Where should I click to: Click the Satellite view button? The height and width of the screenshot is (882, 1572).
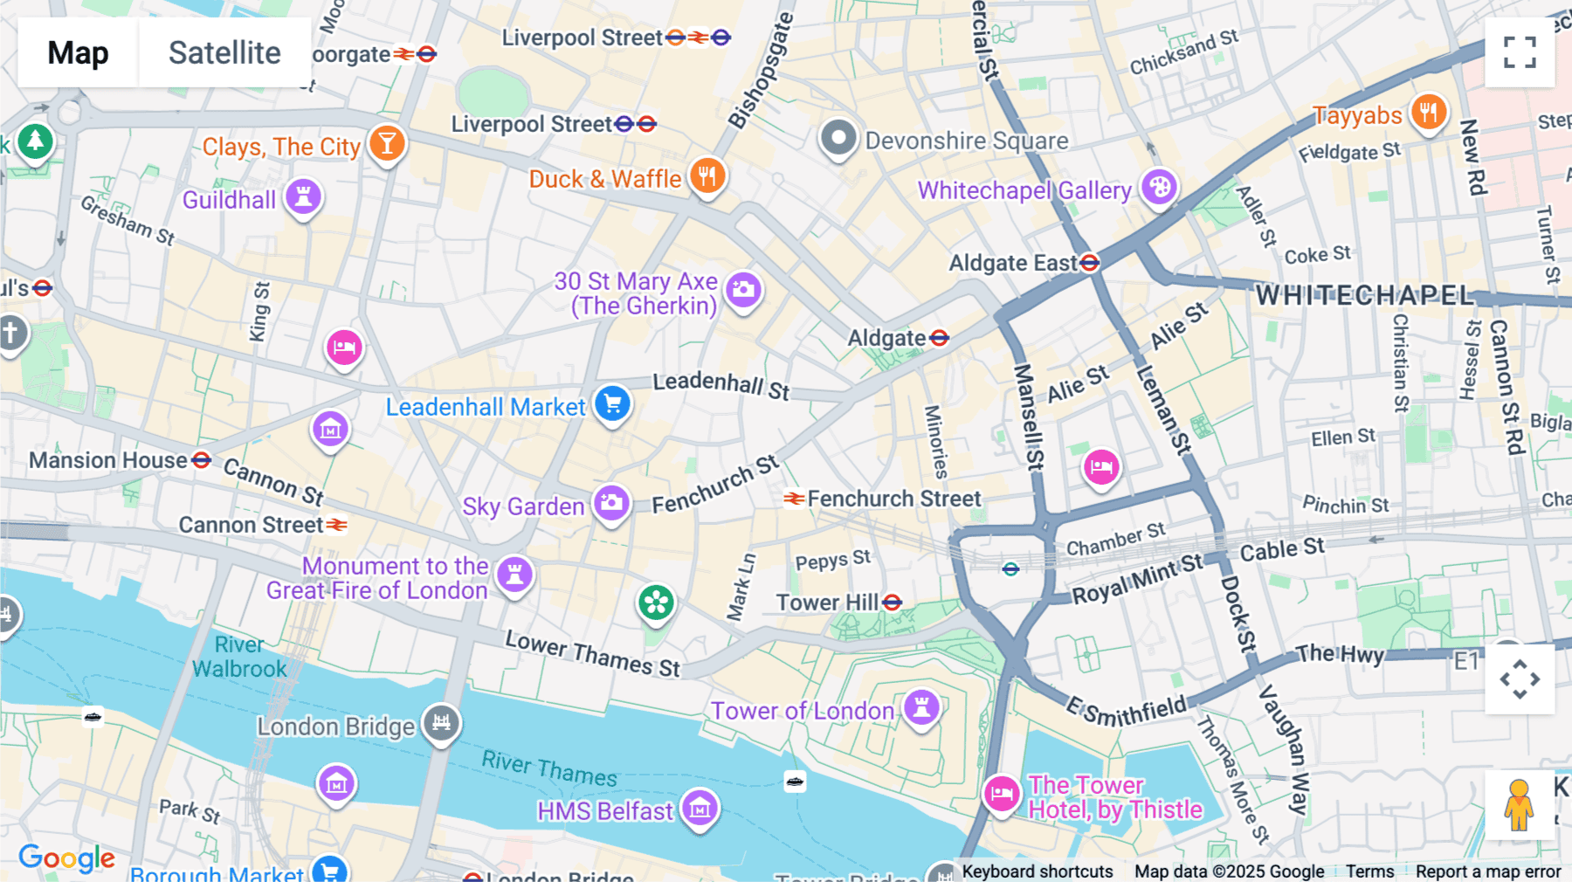tap(224, 52)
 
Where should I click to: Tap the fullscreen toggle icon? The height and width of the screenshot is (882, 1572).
tap(1520, 52)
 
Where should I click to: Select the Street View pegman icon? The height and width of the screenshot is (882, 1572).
tap(1520, 804)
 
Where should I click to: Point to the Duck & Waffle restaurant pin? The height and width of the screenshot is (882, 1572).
tap(707, 176)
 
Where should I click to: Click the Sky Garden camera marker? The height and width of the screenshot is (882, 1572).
tap(611, 503)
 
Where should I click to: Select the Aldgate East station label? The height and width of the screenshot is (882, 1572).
tap(1013, 263)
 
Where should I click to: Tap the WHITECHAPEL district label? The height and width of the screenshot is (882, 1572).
tap(1364, 295)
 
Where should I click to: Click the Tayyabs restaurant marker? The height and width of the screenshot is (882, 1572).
tap(1429, 113)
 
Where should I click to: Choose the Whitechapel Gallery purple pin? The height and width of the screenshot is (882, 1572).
tap(1159, 187)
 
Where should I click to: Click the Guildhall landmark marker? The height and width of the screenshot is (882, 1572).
tap(303, 196)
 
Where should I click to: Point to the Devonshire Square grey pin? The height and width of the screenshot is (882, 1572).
tap(838, 138)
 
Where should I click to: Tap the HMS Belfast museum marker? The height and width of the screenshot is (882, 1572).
tap(700, 809)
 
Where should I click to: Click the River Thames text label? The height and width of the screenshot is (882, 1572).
tap(549, 768)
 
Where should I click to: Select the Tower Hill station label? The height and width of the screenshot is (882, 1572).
tap(827, 603)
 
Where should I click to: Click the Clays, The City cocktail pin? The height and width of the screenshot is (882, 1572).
tap(386, 143)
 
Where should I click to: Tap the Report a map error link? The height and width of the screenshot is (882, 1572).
tap(1487, 871)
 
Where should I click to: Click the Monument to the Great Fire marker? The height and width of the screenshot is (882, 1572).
tap(514, 575)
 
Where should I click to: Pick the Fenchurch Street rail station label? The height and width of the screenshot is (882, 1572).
tap(893, 499)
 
